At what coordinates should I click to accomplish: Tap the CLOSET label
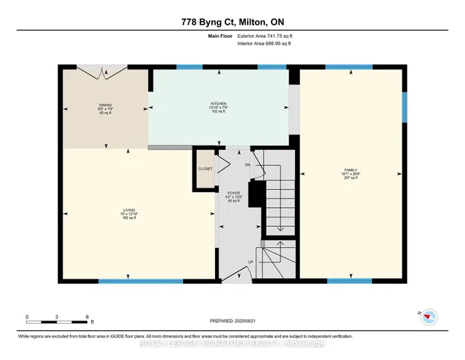tap(206, 169)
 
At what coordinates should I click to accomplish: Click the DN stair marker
tap(248, 165)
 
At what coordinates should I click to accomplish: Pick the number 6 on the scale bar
tap(86, 318)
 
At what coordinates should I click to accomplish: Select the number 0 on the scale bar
tap(27, 318)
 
